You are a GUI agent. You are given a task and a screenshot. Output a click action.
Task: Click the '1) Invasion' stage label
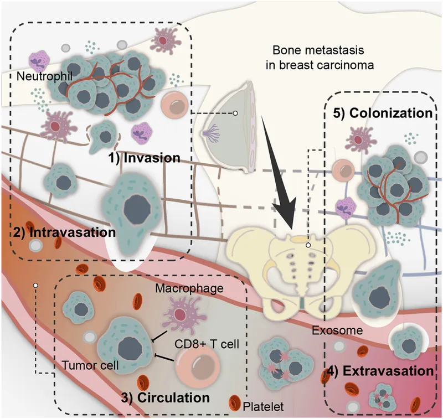point(145,158)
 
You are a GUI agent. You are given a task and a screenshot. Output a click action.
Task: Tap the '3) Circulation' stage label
point(166,397)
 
